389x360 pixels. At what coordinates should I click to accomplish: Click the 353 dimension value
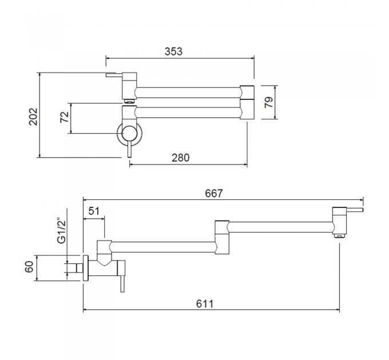tap(173, 51)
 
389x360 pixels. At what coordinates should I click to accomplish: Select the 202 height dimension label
tap(33, 117)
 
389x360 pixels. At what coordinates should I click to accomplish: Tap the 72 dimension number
tap(65, 117)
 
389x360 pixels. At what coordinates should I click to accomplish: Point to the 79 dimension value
tap(268, 102)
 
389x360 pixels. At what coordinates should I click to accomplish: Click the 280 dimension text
tap(181, 158)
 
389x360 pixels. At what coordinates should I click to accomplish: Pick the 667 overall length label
tap(214, 193)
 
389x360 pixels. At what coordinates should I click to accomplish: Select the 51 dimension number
tap(94, 211)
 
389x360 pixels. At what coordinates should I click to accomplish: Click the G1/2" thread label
tap(62, 231)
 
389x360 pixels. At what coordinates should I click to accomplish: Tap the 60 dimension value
tap(29, 267)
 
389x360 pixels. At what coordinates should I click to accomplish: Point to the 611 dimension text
tap(205, 303)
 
